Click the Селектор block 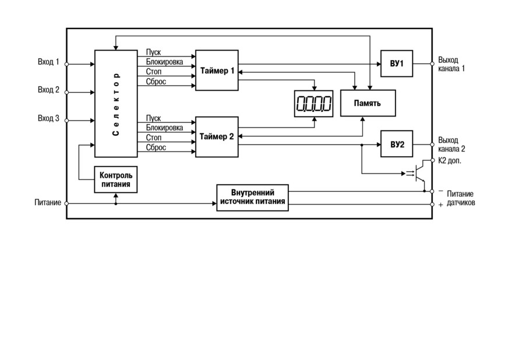click(x=116, y=104)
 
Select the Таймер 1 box click(x=217, y=70)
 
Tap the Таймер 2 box click(x=217, y=137)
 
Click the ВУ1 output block click(x=397, y=63)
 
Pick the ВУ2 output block click(x=397, y=144)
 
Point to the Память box click(x=368, y=103)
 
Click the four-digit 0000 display click(x=313, y=104)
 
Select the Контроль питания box click(x=116, y=179)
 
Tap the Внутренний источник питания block click(x=252, y=197)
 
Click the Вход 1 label click(x=48, y=62)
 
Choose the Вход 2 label click(x=48, y=90)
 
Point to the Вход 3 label click(x=48, y=118)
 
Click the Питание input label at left click(x=48, y=203)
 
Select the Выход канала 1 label click(x=451, y=64)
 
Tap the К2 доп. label click(x=450, y=160)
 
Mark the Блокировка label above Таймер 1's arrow click(x=164, y=62)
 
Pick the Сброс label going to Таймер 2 click(x=156, y=147)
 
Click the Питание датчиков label click(x=461, y=198)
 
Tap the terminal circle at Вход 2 click(x=67, y=93)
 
